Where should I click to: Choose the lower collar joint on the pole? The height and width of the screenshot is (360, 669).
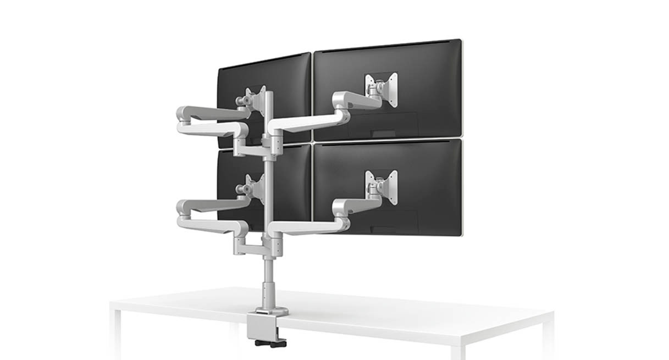tap(271, 242)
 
